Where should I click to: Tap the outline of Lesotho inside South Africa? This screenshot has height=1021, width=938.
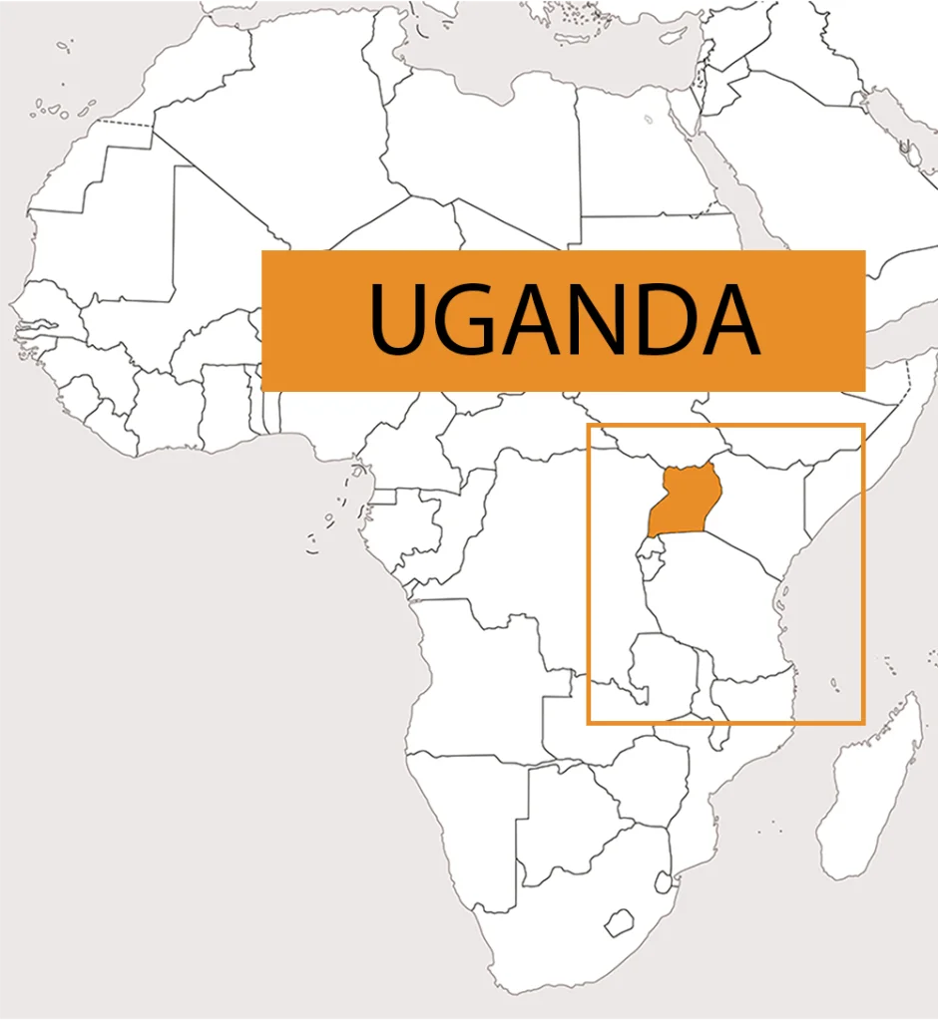[623, 920]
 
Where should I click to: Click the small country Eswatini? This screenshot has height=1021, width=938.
[663, 882]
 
